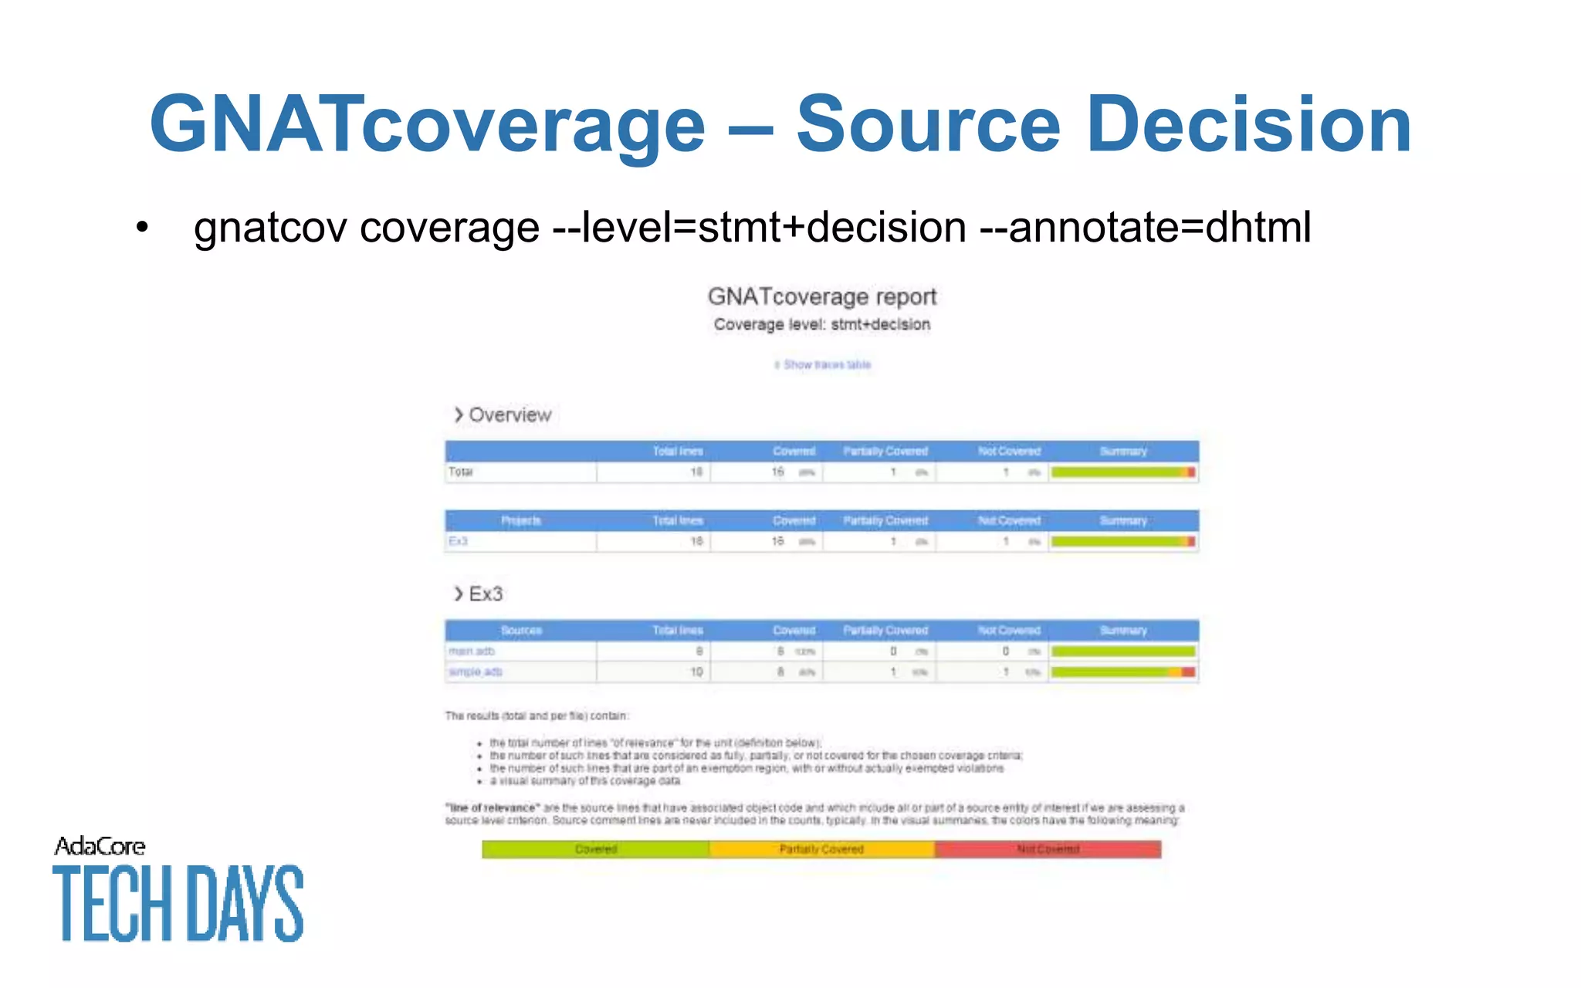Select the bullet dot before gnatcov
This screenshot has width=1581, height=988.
(x=141, y=228)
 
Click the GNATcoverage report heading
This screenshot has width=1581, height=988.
(x=821, y=296)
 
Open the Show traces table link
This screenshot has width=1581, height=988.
(x=823, y=364)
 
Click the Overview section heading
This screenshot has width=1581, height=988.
(x=510, y=415)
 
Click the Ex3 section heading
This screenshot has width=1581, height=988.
(x=485, y=594)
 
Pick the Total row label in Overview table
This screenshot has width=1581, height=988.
(x=461, y=472)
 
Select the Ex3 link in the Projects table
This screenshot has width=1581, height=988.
(x=458, y=541)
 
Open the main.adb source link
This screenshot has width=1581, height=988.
(x=472, y=651)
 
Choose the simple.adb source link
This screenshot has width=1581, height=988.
(x=476, y=672)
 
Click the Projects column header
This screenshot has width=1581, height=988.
(x=521, y=521)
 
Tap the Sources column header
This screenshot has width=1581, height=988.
(x=521, y=631)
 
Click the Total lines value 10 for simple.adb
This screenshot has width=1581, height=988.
(x=696, y=672)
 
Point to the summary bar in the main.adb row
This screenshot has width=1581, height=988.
(x=1123, y=651)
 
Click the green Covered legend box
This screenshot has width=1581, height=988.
(x=595, y=849)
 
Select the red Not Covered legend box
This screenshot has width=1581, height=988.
(x=1048, y=849)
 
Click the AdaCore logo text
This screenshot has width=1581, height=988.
(x=100, y=847)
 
